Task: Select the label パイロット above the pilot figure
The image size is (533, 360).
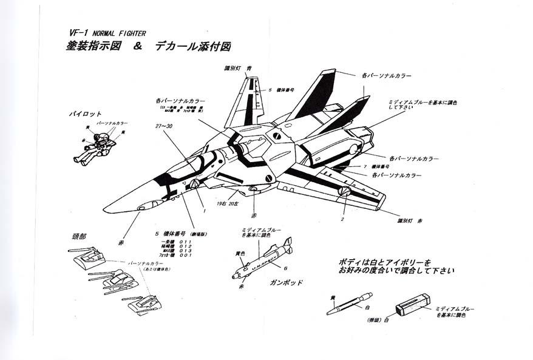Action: [x=84, y=114]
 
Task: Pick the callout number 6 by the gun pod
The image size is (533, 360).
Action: [x=285, y=268]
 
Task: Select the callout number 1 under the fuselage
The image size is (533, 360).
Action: [x=205, y=210]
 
